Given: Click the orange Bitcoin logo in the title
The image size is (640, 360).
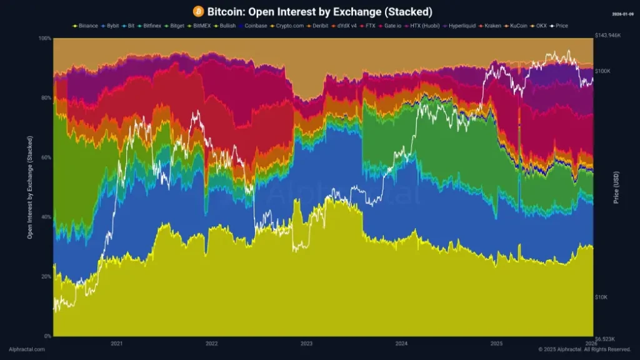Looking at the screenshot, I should [x=198, y=12].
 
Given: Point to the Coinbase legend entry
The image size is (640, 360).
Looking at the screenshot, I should [x=254, y=26].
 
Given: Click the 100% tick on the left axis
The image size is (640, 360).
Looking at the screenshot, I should [x=44, y=39].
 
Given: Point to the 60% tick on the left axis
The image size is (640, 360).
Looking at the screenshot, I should [x=46, y=157].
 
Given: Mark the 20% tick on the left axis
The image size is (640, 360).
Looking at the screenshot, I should [x=46, y=276].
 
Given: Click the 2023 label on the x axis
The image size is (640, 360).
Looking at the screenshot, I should [x=306, y=343].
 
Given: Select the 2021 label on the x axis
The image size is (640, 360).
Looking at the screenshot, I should [x=116, y=343].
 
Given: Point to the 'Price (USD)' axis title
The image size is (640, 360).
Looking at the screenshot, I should [x=616, y=187].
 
